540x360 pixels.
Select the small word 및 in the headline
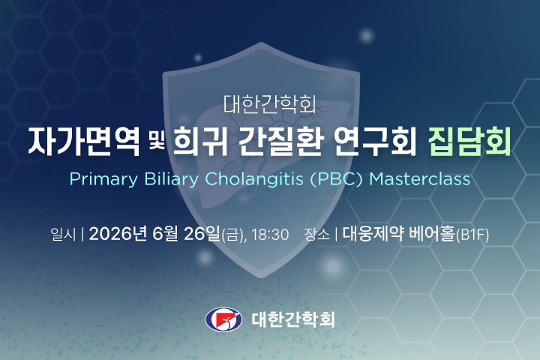pyautogui.click(x=155, y=142)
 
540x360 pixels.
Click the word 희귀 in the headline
pyautogui.click(x=198, y=142)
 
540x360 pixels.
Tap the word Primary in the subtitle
pyautogui.click(x=100, y=180)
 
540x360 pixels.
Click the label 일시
pyautogui.click(x=62, y=234)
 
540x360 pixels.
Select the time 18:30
pyautogui.click(x=270, y=235)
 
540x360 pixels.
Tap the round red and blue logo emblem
pyautogui.click(x=223, y=319)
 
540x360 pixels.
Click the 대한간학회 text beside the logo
pyautogui.click(x=293, y=319)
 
